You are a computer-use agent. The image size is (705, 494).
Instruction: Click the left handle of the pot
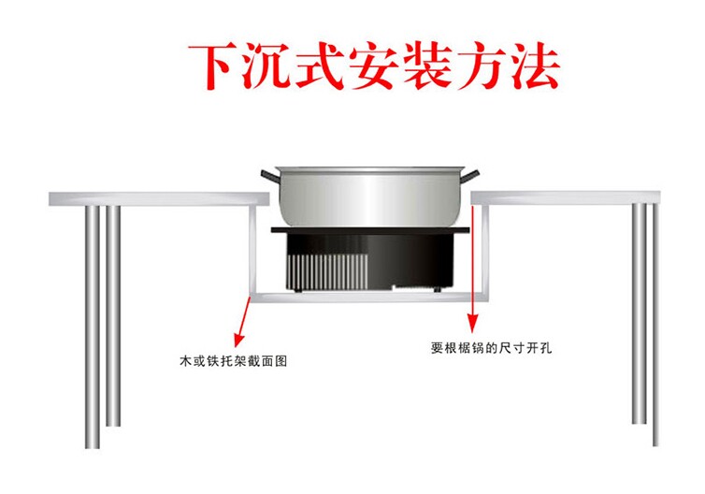267,175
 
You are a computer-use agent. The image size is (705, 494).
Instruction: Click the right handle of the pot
475,175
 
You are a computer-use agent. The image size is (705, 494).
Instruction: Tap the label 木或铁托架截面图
233,359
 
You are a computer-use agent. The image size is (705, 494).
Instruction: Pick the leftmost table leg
92,318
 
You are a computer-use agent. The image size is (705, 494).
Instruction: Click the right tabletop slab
569,197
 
